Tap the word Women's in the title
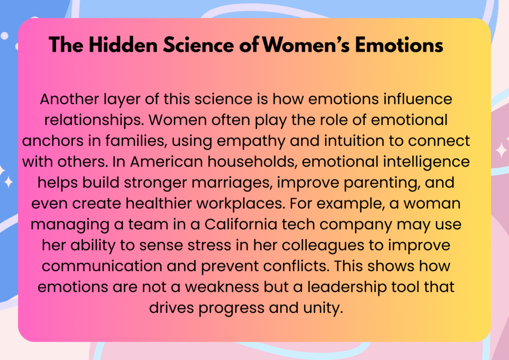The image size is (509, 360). [x=306, y=45]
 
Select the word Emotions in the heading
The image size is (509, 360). [x=399, y=45]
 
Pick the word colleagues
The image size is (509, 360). [x=323, y=246]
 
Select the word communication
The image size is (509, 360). [x=101, y=266]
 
